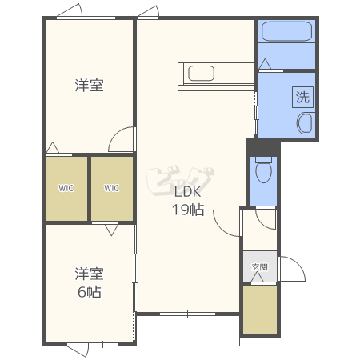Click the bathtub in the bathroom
click(286, 31)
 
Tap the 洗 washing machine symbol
click(302, 97)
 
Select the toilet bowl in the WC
click(263, 170)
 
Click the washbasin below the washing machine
click(306, 123)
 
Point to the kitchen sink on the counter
click(201, 73)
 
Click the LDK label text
click(187, 192)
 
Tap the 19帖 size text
click(188, 210)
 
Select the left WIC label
click(66, 188)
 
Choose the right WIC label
click(111, 188)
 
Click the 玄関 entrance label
click(259, 267)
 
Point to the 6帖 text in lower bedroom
click(90, 292)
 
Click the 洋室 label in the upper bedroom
click(89, 86)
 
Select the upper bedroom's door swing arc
click(114, 134)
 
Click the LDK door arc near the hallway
click(219, 227)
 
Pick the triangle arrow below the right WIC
click(111, 230)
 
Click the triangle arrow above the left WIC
click(53, 148)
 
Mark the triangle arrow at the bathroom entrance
click(265, 64)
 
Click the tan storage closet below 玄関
click(260, 310)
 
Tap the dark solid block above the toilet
click(263, 147)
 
